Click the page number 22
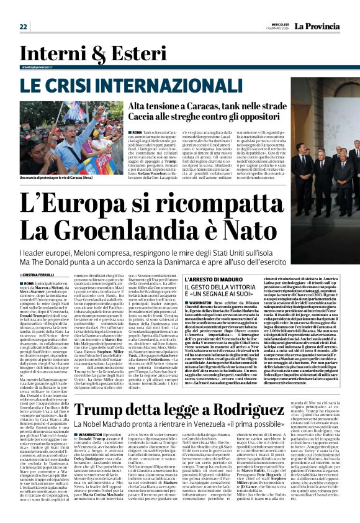pos(23,26)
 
